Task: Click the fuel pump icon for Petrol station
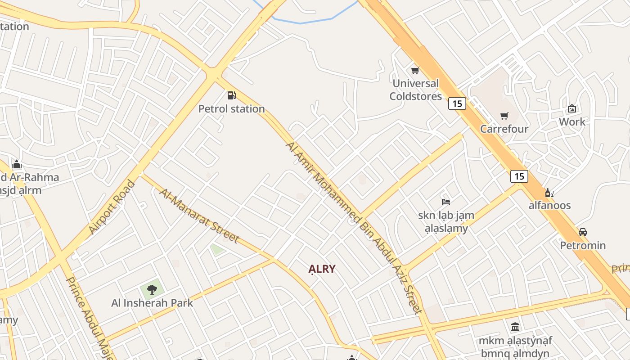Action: (231, 95)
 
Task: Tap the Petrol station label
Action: (231, 109)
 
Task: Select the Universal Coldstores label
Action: (415, 90)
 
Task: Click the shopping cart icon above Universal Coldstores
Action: (415, 70)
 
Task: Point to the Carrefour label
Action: (504, 129)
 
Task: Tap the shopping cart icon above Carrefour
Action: (504, 116)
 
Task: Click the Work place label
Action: (572, 121)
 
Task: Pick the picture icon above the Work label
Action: (572, 108)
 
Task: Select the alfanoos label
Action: (549, 205)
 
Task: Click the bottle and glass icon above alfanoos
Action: (549, 193)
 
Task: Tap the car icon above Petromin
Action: (583, 232)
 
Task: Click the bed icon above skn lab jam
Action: (446, 202)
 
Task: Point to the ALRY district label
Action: (322, 269)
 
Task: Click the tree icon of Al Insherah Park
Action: (152, 289)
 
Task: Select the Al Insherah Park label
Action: (152, 303)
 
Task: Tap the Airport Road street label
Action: (112, 207)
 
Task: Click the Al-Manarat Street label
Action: (199, 215)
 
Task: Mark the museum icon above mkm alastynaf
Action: (515, 327)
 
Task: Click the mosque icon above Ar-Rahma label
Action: (17, 164)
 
